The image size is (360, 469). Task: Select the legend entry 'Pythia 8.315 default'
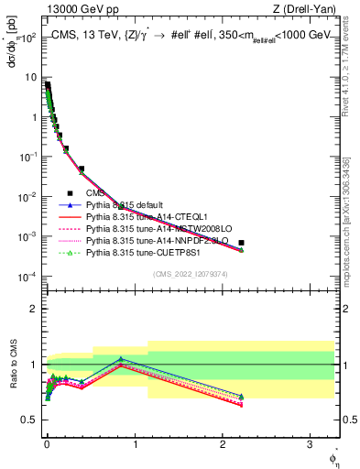[127, 205]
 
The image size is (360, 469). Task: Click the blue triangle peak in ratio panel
[120, 359]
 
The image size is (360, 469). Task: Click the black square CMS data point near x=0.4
[82, 169]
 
